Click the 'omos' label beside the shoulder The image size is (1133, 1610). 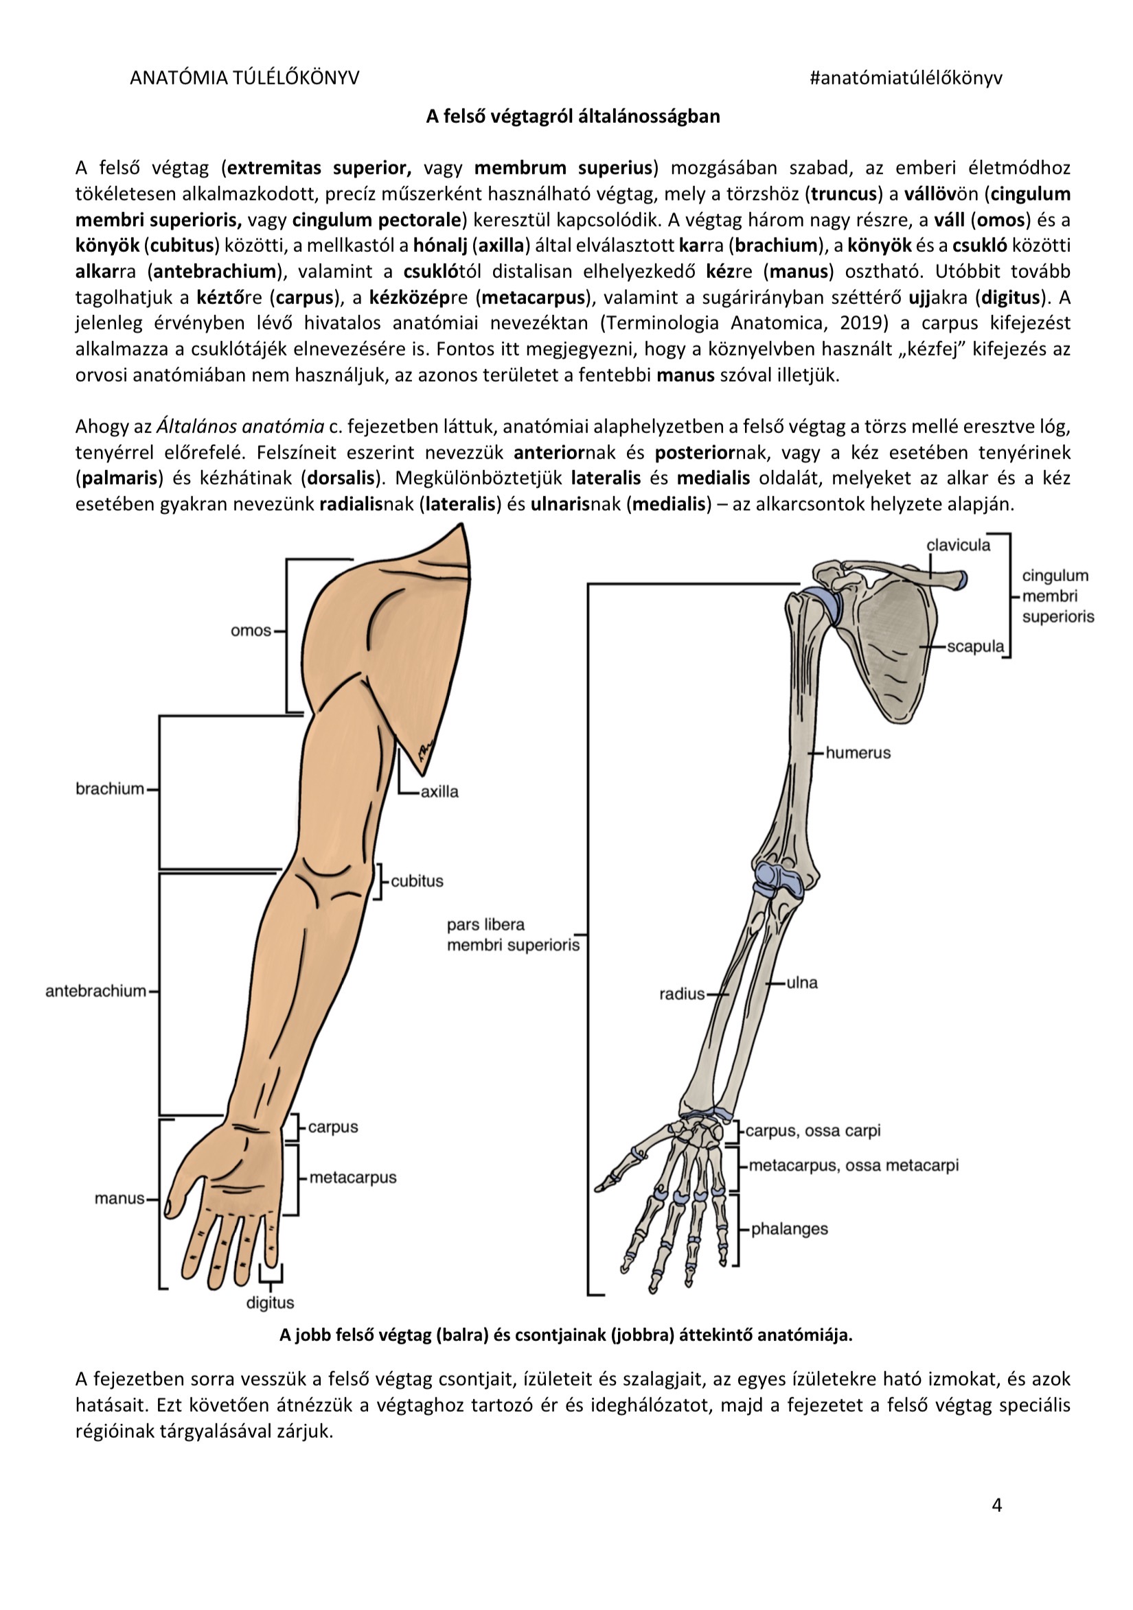[x=251, y=631]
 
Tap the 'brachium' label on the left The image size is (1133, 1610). [x=109, y=789]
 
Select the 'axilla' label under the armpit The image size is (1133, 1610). [x=440, y=792]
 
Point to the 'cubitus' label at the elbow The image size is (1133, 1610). [x=417, y=881]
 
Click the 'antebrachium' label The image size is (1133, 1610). [x=95, y=991]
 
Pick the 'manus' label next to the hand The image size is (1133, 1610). [x=119, y=1198]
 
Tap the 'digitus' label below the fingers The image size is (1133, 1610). [x=270, y=1303]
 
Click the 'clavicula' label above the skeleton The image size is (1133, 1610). [x=959, y=545]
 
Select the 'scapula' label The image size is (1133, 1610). [x=976, y=646]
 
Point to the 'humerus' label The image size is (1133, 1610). [x=858, y=752]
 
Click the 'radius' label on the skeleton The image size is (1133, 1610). [x=682, y=994]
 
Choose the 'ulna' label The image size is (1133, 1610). [x=802, y=983]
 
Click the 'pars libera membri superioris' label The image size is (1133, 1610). [x=513, y=935]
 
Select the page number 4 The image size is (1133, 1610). [x=997, y=1505]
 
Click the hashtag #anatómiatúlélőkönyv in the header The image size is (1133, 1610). [x=906, y=78]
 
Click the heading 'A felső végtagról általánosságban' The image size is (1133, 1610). [x=573, y=116]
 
